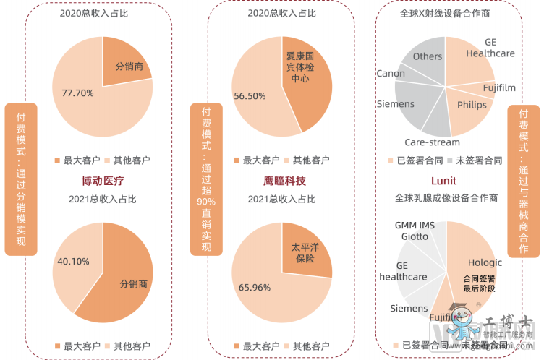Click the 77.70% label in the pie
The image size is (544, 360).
(x=78, y=93)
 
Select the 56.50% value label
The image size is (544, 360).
(x=251, y=95)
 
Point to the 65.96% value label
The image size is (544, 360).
(x=254, y=287)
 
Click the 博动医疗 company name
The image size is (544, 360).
(x=103, y=180)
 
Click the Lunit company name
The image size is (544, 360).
(x=443, y=180)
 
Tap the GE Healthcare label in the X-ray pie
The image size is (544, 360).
(x=490, y=48)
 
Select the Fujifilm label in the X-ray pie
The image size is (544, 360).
(x=499, y=88)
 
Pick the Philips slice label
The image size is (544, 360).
(x=472, y=105)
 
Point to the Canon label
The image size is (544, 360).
(x=391, y=74)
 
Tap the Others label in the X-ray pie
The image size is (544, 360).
(x=428, y=56)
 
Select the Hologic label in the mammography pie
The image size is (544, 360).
(x=485, y=262)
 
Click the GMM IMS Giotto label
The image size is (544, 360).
(x=415, y=231)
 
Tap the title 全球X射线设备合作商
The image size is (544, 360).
(x=444, y=13)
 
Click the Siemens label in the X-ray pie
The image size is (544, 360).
(x=396, y=104)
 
